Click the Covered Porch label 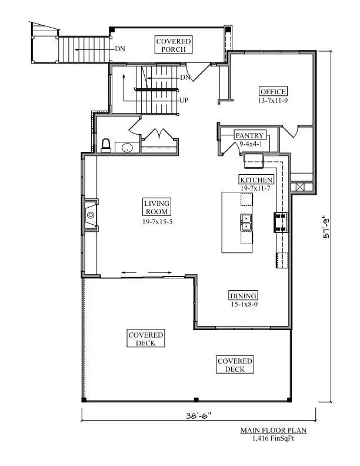coord(174,45)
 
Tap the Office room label coord(273,92)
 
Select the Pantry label coord(249,135)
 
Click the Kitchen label coord(256,180)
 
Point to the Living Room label coord(157,207)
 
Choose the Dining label coord(244,296)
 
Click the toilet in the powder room coord(106,146)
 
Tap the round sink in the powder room coord(128,148)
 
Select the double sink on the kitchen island coord(246,222)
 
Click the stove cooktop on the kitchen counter coord(281,222)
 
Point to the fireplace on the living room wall coord(91,215)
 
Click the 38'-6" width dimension coord(198,415)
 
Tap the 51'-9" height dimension coord(326,227)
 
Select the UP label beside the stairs coord(184,101)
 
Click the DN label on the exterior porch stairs coord(121,49)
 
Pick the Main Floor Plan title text coord(274,430)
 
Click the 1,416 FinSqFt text coord(274,438)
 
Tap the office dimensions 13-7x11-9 coord(273,101)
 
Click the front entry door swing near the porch coord(197,72)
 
